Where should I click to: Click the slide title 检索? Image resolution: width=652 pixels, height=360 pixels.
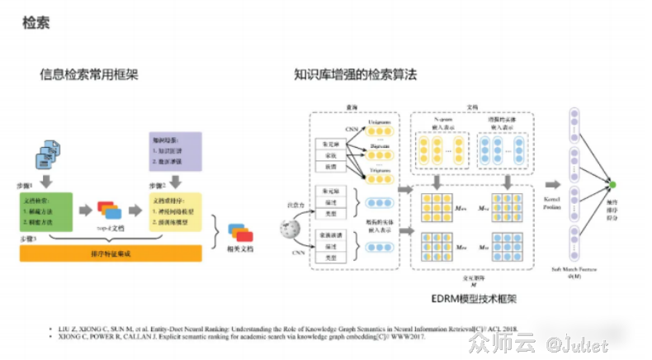pos(35,22)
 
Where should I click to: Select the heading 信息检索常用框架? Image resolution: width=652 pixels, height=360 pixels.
pos(89,74)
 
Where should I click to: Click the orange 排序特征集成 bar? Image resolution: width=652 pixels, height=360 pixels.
pos(111,253)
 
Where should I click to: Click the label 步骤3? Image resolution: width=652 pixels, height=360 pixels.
pos(30,238)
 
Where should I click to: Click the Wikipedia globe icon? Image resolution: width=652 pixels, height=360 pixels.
pos(291,228)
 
